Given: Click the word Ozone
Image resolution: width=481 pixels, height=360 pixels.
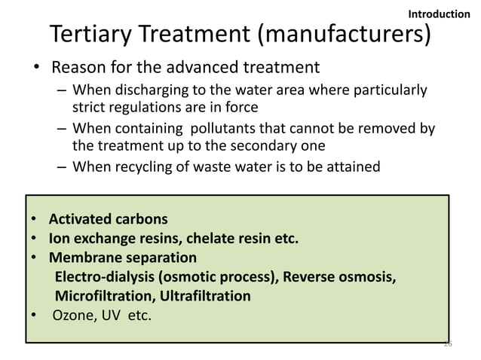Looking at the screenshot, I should [70, 314].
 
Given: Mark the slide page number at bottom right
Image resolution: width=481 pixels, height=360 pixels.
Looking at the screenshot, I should [447, 343].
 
